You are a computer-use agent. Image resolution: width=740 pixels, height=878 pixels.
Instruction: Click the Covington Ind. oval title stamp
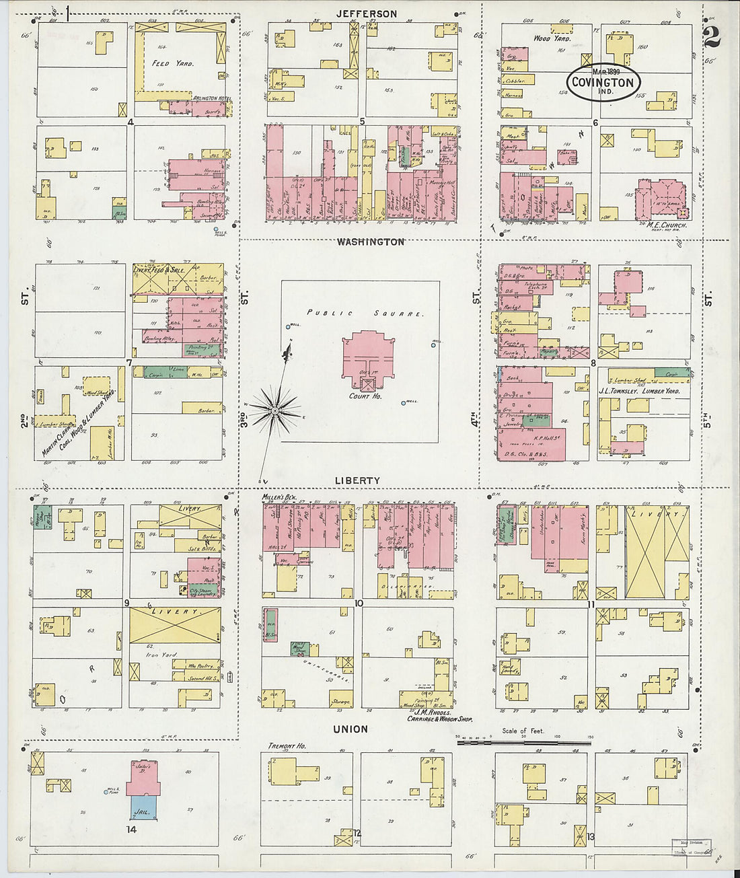(603, 83)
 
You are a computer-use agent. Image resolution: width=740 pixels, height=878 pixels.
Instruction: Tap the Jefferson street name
(367, 13)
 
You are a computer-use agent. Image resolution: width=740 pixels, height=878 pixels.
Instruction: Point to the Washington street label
(371, 242)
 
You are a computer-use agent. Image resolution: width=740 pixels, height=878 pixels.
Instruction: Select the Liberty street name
(359, 480)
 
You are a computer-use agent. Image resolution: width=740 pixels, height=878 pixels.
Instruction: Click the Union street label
(351, 729)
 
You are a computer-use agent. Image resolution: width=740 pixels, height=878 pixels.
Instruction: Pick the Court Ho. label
(365, 396)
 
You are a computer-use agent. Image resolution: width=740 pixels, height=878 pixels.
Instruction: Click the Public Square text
(366, 314)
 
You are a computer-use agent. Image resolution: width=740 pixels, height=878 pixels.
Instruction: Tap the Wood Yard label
(552, 39)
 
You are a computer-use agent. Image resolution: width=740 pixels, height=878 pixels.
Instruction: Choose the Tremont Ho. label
(287, 746)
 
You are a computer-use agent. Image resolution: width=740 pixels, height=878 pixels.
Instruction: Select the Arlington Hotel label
(212, 99)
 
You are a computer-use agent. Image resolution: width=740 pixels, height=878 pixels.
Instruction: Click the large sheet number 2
(712, 37)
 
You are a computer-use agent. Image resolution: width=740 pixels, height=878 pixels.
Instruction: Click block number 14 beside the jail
(131, 830)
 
